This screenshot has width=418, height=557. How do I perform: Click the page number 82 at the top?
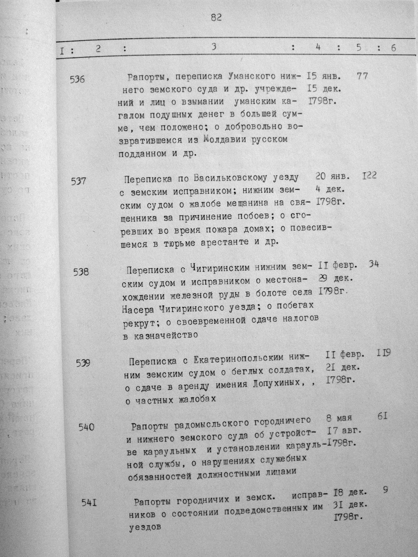coord(216,18)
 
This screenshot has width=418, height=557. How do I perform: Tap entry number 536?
coord(77,80)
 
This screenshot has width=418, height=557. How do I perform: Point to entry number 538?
coord(81,271)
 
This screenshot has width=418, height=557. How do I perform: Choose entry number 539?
coord(83,363)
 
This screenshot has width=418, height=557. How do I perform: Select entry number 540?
coord(87,427)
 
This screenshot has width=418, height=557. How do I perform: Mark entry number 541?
coord(89,503)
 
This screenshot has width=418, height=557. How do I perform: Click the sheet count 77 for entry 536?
coord(362,76)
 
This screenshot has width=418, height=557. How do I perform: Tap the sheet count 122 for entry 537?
coord(369,175)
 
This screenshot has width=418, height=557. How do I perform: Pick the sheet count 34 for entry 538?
coord(374,264)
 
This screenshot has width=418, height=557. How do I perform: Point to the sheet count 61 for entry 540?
coord(382,416)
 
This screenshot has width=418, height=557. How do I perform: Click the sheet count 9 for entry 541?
coord(385,490)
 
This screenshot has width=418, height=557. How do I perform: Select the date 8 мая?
coord(340,418)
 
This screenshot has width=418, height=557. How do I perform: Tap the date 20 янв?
coord(333,177)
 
